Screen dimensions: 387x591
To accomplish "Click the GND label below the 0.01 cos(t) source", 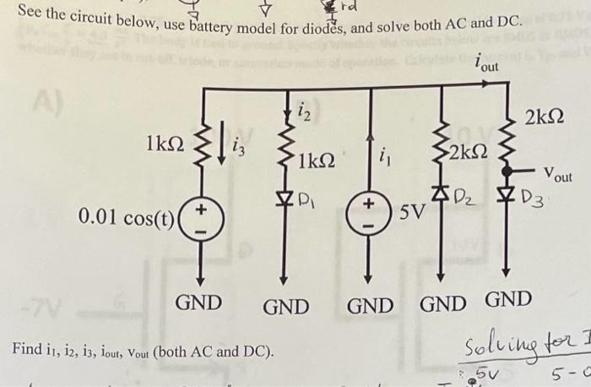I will tap(198, 302).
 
